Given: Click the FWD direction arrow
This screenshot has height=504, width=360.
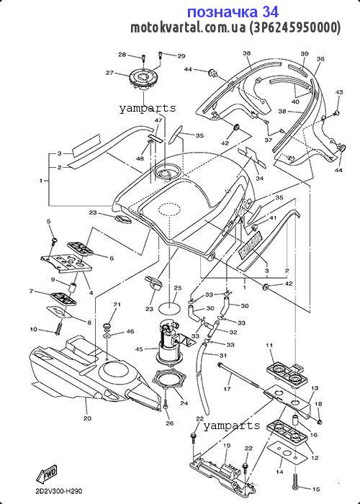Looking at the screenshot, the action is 48,474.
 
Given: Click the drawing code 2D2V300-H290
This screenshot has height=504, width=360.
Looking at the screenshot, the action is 59,491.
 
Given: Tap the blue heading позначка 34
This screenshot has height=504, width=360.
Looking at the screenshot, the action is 233,12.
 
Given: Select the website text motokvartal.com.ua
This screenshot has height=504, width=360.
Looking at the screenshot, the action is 188,27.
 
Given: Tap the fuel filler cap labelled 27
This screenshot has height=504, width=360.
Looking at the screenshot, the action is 143,79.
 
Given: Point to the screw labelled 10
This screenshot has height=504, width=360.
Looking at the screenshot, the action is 58,328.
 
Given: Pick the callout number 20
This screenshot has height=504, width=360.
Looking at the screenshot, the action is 87,418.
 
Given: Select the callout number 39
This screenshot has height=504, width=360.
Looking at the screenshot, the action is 304,53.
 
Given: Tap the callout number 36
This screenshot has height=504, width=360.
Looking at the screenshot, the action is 320,59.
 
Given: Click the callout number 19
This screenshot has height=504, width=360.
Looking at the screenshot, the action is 227,446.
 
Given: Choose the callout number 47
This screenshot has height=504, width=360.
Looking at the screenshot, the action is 158,120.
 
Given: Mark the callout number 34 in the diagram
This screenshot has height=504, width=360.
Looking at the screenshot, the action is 260,178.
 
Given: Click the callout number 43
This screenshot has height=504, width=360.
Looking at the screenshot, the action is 339,92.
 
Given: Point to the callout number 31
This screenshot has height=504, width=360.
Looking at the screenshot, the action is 222,356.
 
